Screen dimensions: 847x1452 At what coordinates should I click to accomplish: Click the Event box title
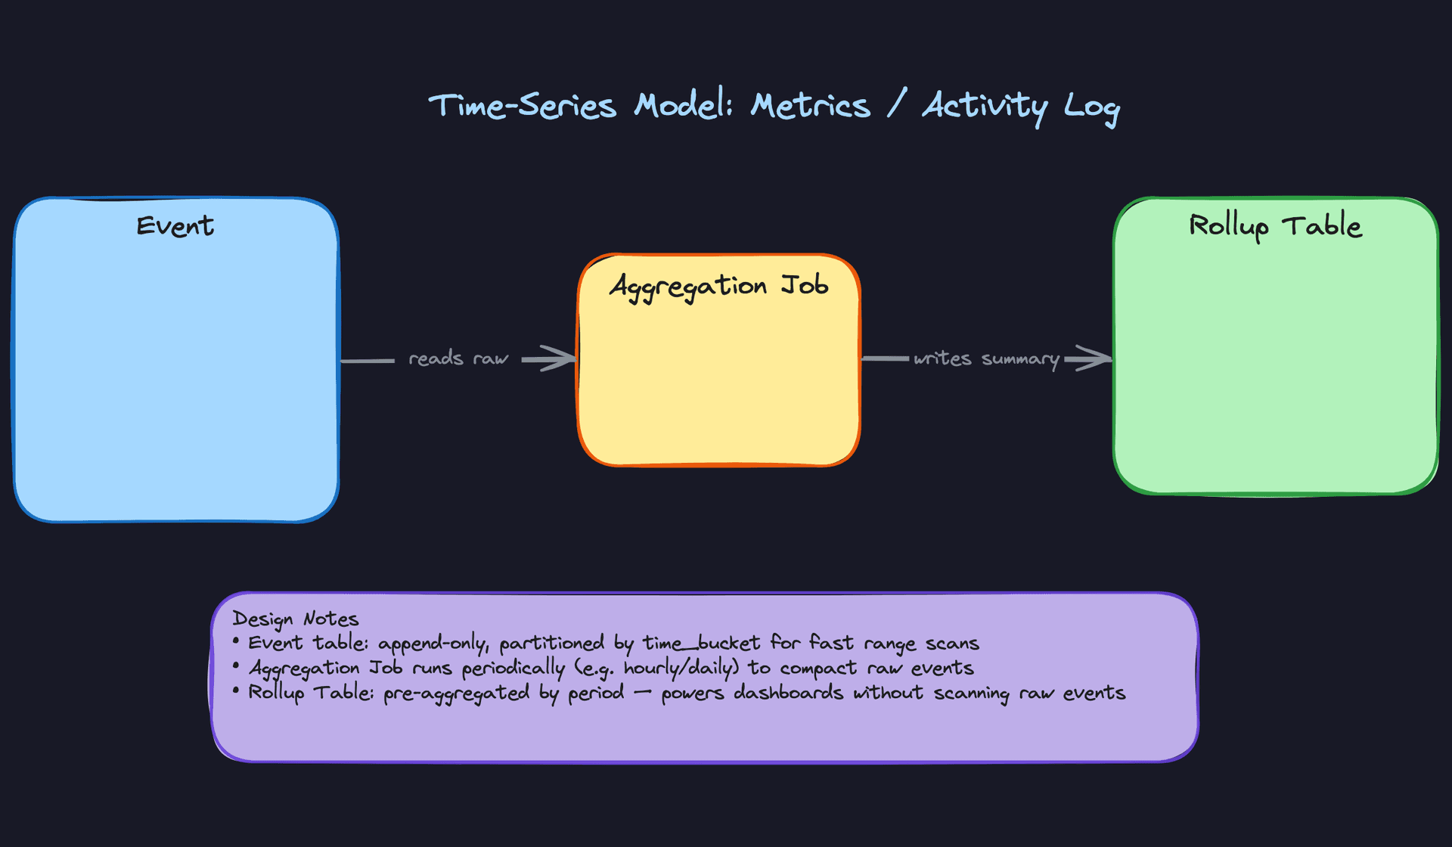coord(175,226)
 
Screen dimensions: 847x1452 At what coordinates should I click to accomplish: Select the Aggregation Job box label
coord(718,286)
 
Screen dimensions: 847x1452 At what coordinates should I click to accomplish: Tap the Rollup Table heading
coord(1275,225)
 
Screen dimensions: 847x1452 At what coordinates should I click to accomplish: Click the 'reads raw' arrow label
coord(458,358)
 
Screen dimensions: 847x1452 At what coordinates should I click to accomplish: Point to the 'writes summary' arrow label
coord(986,358)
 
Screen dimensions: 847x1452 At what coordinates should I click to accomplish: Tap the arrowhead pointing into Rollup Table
coord(1097,358)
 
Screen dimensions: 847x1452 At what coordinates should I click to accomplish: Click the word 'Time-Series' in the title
coord(522,106)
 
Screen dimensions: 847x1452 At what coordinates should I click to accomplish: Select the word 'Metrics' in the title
coord(810,106)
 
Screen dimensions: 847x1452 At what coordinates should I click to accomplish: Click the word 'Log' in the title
coord(1091,107)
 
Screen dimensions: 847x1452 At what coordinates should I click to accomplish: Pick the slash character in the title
coord(896,104)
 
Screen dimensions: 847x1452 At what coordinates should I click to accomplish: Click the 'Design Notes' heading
coord(295,619)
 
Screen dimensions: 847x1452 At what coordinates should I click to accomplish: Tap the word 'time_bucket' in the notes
coord(701,644)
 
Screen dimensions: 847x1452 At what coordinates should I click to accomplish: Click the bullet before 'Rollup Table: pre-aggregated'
coord(236,690)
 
